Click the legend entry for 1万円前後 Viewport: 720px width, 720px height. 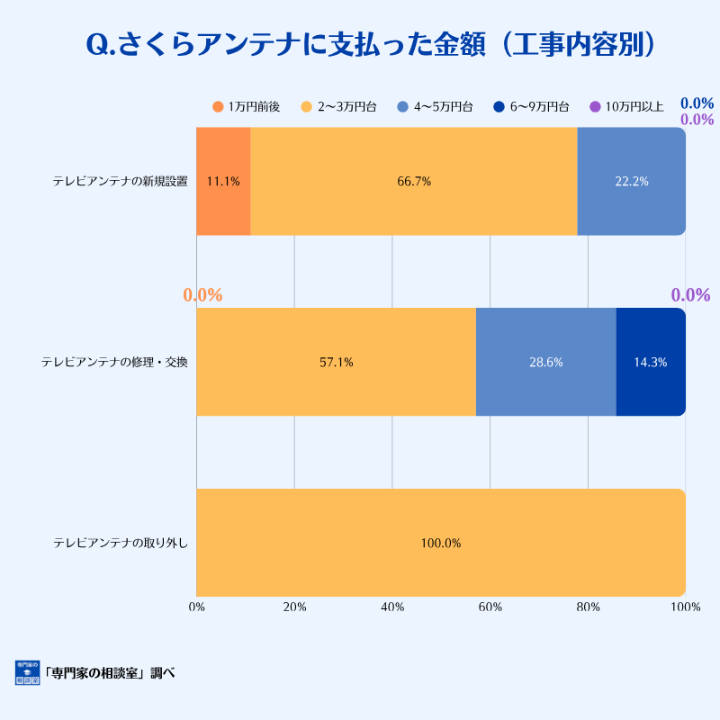pyautogui.click(x=246, y=107)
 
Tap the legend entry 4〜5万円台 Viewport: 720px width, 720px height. pyautogui.click(x=435, y=107)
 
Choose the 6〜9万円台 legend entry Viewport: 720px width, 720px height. pyautogui.click(x=531, y=107)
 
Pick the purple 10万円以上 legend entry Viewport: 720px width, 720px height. pyautogui.click(x=626, y=107)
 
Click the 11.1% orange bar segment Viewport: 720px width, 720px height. pyautogui.click(x=223, y=181)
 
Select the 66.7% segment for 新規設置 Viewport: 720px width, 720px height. pyautogui.click(x=414, y=181)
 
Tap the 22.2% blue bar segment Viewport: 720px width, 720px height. pyautogui.click(x=631, y=181)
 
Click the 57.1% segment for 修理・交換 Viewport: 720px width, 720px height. pyautogui.click(x=336, y=362)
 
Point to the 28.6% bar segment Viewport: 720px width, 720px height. pyautogui.click(x=545, y=362)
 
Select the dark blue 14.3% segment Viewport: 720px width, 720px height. pyautogui.click(x=651, y=362)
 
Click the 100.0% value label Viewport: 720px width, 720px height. pyautogui.click(x=441, y=543)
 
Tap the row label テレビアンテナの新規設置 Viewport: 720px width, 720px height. pyautogui.click(x=120, y=181)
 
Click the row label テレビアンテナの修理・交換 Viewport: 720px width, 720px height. pyautogui.click(x=114, y=362)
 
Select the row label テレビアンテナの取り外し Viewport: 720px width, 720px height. pyautogui.click(x=120, y=543)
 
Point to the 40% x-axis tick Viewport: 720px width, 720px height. pyautogui.click(x=392, y=607)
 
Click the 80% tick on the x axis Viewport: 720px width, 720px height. pyautogui.click(x=588, y=607)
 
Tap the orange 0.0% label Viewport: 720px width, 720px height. pyautogui.click(x=202, y=295)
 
